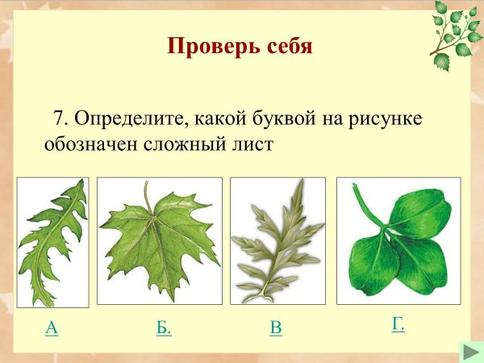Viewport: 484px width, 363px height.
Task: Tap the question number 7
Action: tap(57, 119)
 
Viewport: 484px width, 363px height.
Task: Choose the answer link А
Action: tap(52, 328)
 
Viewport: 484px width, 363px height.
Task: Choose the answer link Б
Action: tap(164, 328)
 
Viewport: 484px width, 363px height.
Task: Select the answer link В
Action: tap(276, 328)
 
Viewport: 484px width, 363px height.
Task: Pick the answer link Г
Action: tap(398, 324)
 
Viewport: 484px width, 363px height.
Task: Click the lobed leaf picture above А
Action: tap(53, 242)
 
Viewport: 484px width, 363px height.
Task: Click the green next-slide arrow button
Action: tap(470, 352)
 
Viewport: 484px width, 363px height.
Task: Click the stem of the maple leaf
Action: tap(147, 194)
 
